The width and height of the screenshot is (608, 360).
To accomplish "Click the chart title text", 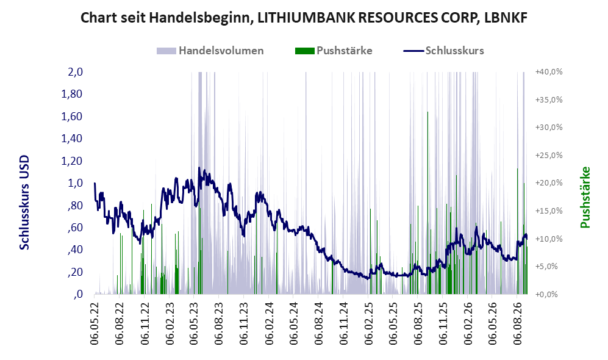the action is click(x=304, y=18).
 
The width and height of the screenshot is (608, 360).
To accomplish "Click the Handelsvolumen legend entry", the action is click(x=210, y=51).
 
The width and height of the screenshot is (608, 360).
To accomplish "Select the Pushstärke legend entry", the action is click(x=334, y=51).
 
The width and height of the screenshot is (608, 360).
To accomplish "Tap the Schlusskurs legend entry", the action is click(x=443, y=51).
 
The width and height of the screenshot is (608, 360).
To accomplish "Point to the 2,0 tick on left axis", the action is click(x=75, y=72).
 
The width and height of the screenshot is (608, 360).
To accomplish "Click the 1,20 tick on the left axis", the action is click(x=72, y=160).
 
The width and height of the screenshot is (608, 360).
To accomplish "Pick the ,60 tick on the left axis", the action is click(x=75, y=228).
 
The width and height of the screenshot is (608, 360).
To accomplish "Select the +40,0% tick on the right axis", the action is click(x=549, y=72).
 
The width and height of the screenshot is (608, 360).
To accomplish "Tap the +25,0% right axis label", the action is click(x=549, y=155).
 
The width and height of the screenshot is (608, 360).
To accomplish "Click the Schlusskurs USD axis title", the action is click(x=24, y=203).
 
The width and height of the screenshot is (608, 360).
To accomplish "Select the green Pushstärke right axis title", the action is click(x=585, y=197).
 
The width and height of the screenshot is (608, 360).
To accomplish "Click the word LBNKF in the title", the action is click(x=506, y=18).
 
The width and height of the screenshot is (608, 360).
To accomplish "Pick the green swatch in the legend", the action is click(x=304, y=51).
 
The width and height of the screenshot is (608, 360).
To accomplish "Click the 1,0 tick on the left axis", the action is click(x=75, y=182).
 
